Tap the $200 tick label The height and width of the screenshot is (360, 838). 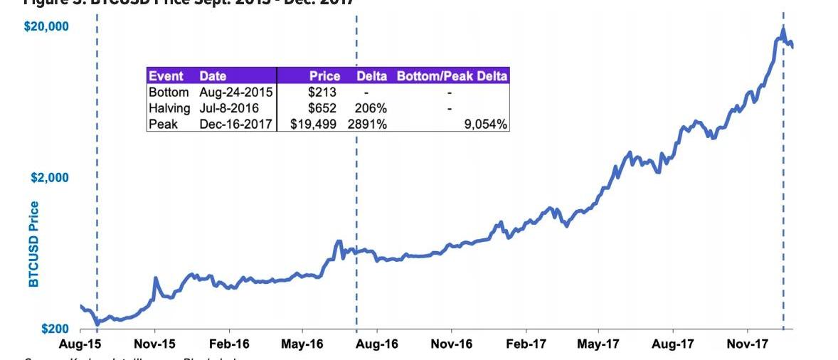(x=55, y=329)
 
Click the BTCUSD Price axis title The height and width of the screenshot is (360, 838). (x=33, y=244)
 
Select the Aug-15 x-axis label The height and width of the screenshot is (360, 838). (x=79, y=344)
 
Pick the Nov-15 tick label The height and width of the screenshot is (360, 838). (x=154, y=344)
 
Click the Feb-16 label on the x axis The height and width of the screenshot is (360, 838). (x=229, y=344)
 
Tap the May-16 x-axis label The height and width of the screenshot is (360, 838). (x=302, y=344)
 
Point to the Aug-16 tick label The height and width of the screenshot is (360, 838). (x=377, y=344)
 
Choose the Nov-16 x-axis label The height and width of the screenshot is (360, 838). (x=452, y=344)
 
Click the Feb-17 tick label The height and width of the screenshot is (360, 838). (x=525, y=344)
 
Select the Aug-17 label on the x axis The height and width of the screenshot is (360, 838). (x=672, y=344)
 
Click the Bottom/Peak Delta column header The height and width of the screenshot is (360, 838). (x=452, y=76)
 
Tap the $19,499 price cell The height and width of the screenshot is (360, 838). (x=314, y=124)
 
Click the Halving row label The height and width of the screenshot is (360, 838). (x=169, y=108)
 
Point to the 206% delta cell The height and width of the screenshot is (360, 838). (x=370, y=108)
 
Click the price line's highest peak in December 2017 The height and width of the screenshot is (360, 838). (x=783, y=30)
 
